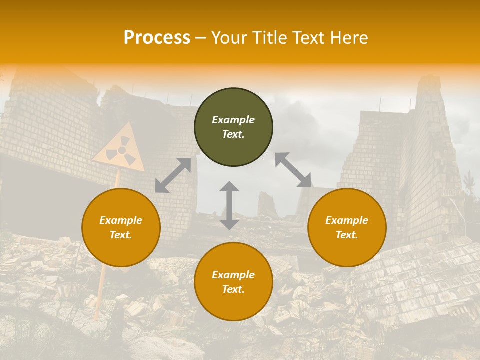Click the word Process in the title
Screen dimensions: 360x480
[157, 38]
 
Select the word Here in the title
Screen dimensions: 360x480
[350, 38]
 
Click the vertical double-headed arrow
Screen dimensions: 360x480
[229, 205]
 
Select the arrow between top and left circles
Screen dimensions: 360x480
[173, 175]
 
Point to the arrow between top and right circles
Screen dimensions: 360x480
[293, 170]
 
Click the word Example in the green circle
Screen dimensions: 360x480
[233, 120]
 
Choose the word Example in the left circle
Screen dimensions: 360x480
[121, 220]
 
